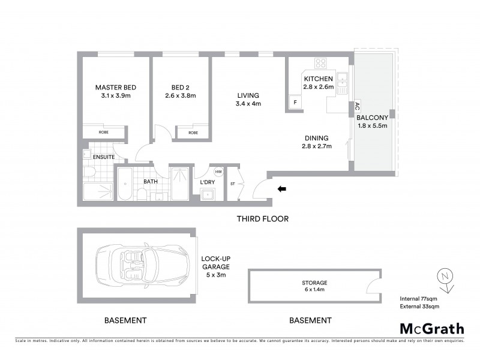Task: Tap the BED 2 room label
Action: click(x=181, y=88)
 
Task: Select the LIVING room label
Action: click(x=247, y=95)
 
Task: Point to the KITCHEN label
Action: click(x=318, y=79)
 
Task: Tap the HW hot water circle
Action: click(x=218, y=172)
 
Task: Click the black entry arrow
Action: click(x=282, y=190)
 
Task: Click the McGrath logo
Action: click(x=431, y=328)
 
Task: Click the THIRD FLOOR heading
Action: click(x=263, y=219)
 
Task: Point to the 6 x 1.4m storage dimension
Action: click(x=315, y=289)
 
